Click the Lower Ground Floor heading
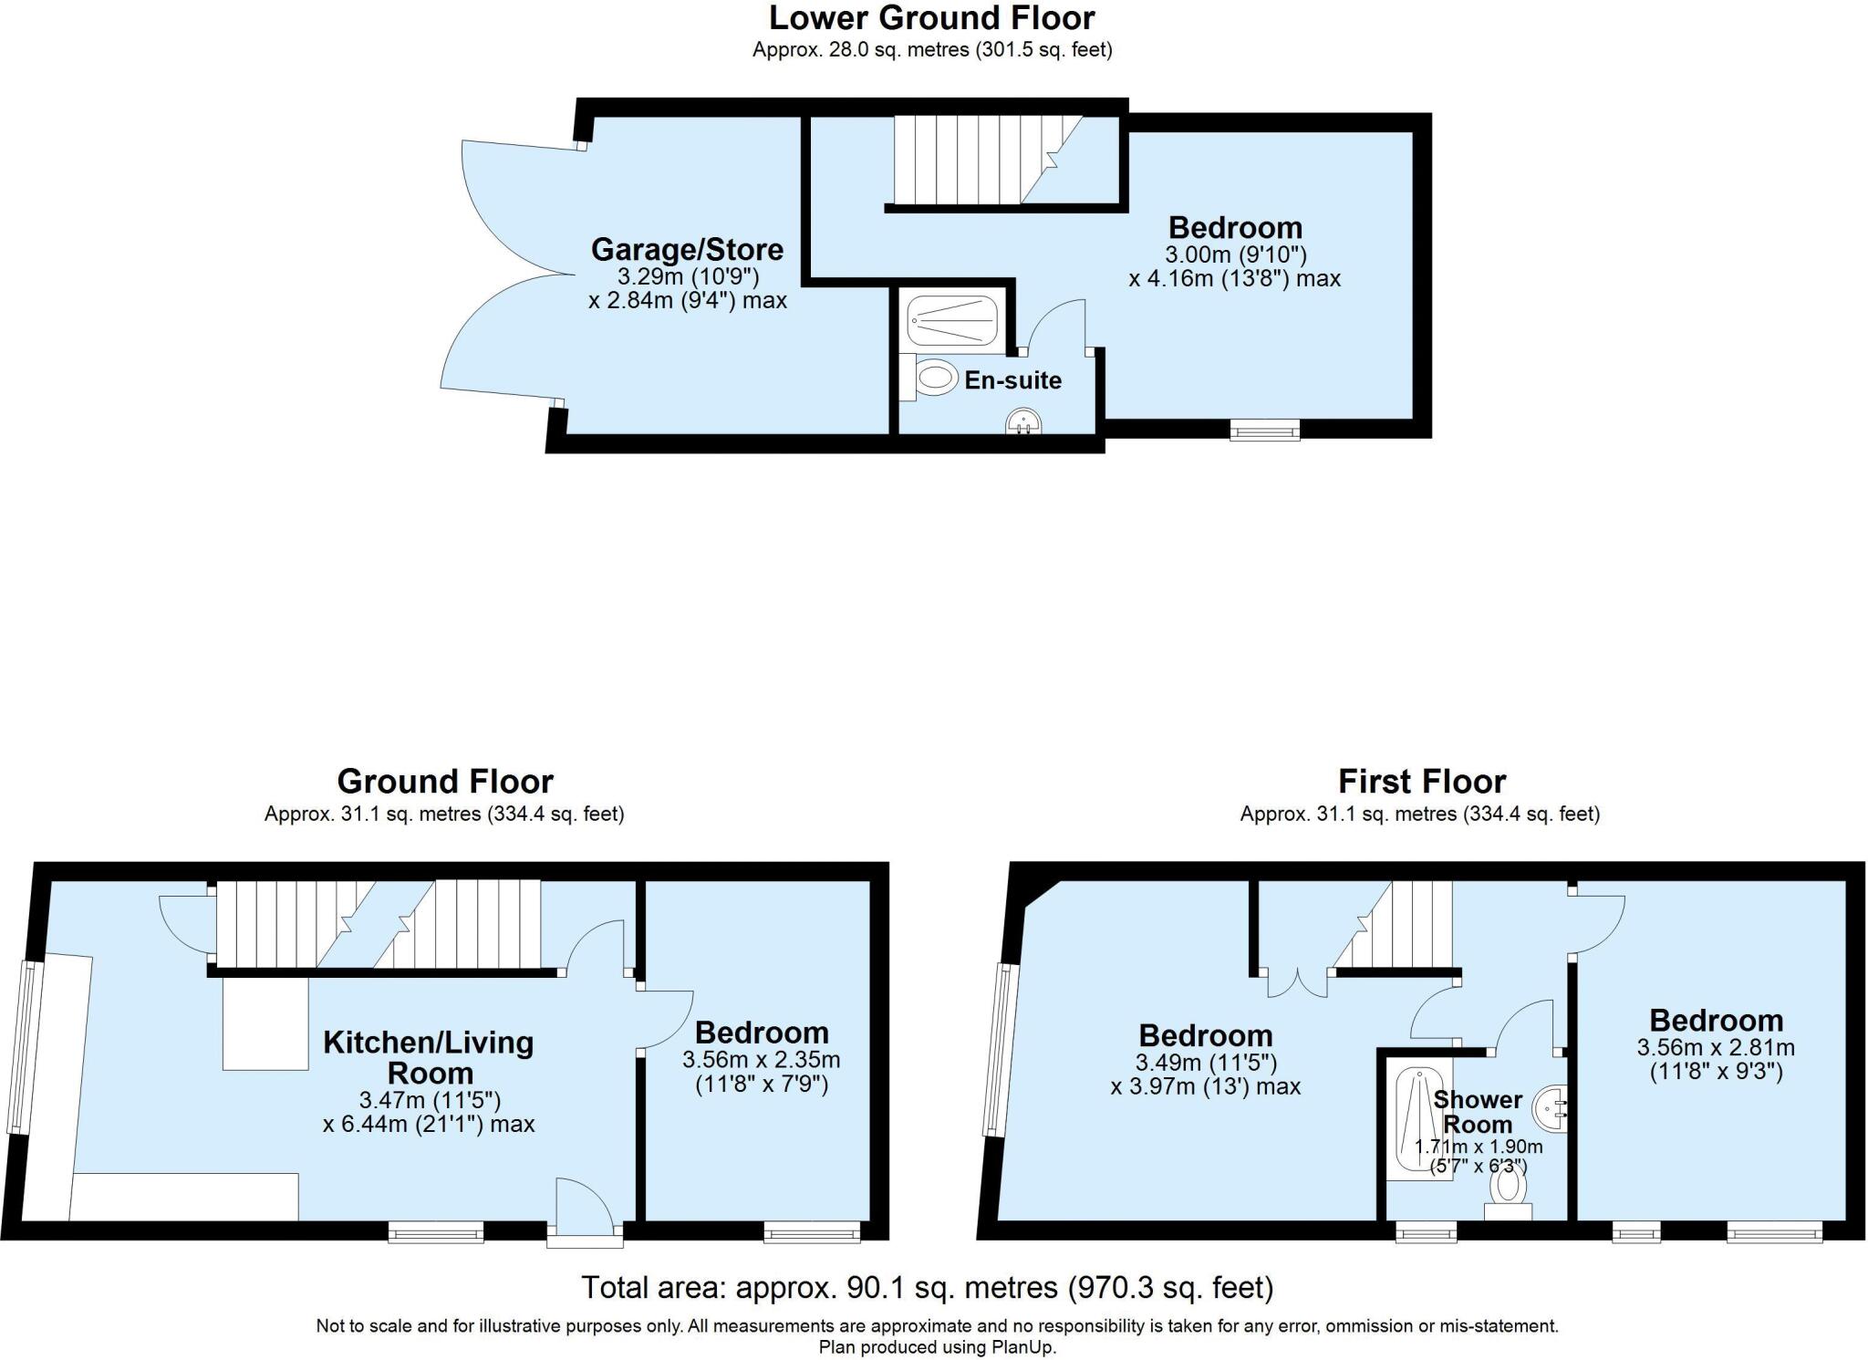[931, 18]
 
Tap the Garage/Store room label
[686, 249]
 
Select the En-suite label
[1012, 380]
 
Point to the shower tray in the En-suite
[953, 320]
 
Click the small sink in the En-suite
[1023, 421]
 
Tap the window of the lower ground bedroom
[1264, 430]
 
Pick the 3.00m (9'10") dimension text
[1235, 254]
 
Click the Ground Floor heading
[445, 782]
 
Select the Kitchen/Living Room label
[429, 1057]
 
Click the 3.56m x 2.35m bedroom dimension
[762, 1060]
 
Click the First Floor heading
[1421, 782]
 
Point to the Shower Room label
[1477, 1112]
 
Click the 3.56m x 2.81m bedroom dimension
[1716, 1047]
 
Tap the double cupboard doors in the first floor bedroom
[1297, 983]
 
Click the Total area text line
[927, 1287]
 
